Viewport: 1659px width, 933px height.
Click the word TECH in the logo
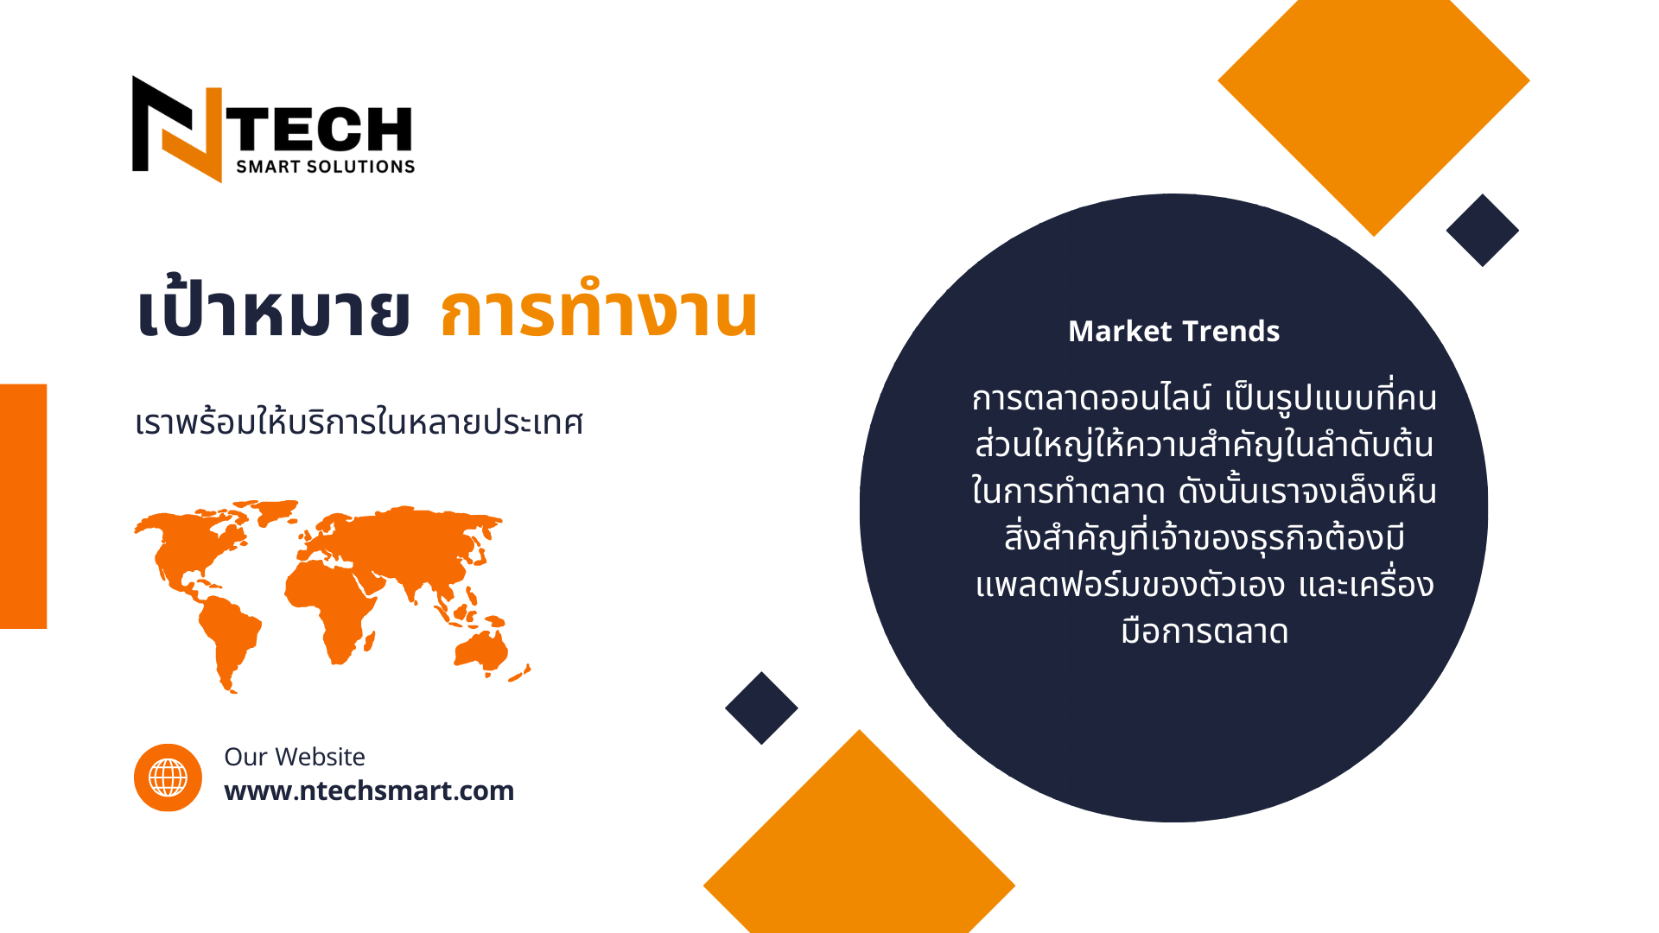[323, 130]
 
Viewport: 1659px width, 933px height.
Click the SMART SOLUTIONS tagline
[326, 167]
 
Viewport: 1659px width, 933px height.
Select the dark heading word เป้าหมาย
[273, 309]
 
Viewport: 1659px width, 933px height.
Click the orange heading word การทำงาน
[599, 309]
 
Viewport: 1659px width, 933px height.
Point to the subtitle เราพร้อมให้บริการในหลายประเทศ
[359, 423]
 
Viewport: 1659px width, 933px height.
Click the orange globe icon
[168, 777]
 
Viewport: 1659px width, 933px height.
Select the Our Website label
[295, 757]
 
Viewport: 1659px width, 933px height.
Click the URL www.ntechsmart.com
[369, 790]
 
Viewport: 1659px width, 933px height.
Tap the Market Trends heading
[1173, 331]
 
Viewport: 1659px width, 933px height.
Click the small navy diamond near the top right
[1483, 230]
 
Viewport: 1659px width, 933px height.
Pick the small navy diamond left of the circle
[761, 708]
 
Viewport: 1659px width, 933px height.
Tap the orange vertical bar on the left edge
[23, 506]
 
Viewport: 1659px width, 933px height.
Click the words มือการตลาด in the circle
[1205, 632]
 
